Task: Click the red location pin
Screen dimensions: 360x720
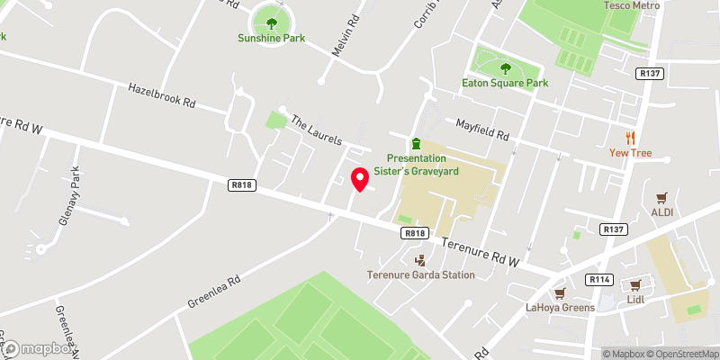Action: (360, 179)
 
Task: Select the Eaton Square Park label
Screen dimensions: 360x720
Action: (505, 83)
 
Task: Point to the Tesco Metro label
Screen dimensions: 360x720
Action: (631, 5)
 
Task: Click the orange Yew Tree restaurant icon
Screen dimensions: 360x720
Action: (631, 138)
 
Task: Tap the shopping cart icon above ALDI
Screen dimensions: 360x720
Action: (662, 197)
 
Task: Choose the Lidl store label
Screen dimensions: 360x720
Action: (637, 298)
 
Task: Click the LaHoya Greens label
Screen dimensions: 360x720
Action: (561, 308)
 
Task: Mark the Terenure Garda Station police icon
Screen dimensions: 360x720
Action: (420, 260)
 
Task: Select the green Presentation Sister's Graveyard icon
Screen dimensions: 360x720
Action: (416, 144)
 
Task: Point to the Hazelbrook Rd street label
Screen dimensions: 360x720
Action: (162, 96)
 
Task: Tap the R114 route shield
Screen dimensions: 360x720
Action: (598, 280)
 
